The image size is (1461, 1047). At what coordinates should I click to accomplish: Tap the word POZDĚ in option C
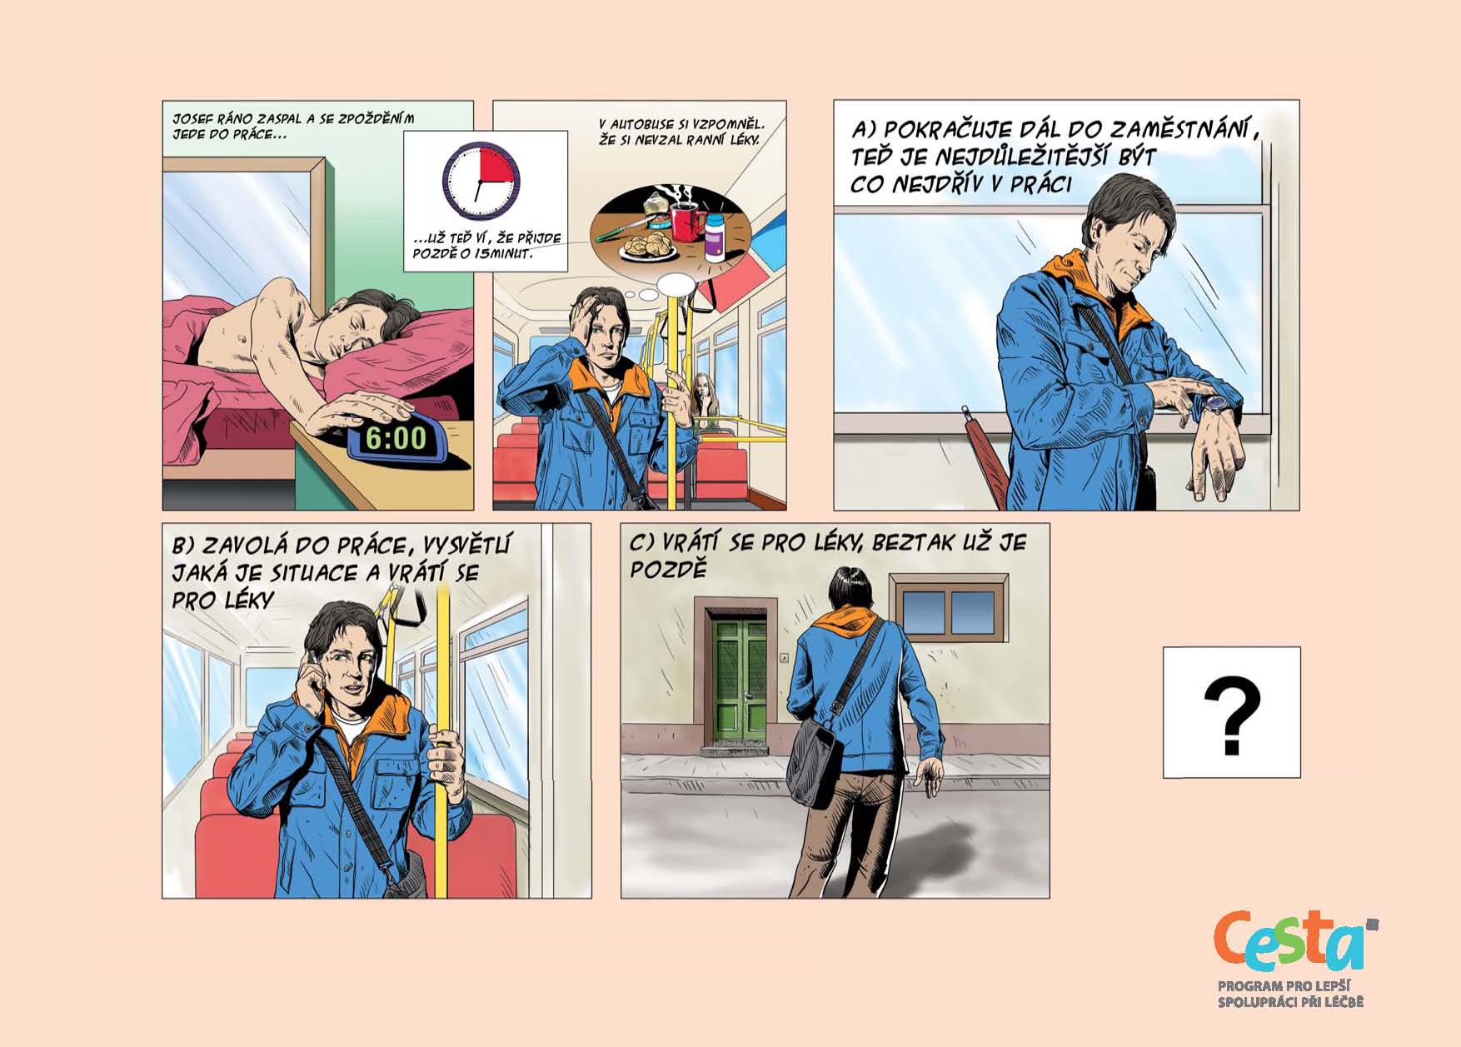668,570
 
